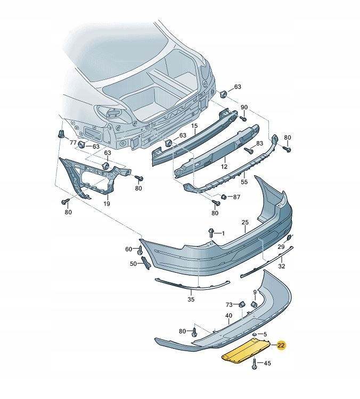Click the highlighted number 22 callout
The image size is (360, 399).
[281, 346]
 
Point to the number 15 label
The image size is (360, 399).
[194, 126]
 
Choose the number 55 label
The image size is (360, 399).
[244, 182]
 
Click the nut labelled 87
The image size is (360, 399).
[224, 197]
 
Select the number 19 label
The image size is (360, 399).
[106, 203]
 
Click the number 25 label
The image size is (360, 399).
[245, 222]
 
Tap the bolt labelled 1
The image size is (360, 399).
[211, 233]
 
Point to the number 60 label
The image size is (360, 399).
[128, 249]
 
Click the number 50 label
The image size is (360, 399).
[133, 264]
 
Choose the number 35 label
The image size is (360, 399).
[191, 300]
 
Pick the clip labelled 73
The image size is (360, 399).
[240, 304]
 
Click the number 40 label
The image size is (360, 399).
[228, 315]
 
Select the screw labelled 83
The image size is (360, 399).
[248, 151]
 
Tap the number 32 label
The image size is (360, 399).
[282, 266]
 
